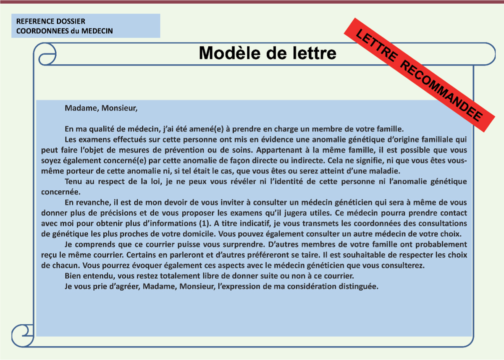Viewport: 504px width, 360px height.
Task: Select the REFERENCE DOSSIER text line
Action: [51, 21]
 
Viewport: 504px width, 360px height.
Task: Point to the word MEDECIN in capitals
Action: [97, 31]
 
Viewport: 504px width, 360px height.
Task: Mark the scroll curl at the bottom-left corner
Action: [23, 336]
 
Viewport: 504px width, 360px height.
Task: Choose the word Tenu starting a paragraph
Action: [74, 181]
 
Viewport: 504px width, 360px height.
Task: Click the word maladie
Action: [383, 171]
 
